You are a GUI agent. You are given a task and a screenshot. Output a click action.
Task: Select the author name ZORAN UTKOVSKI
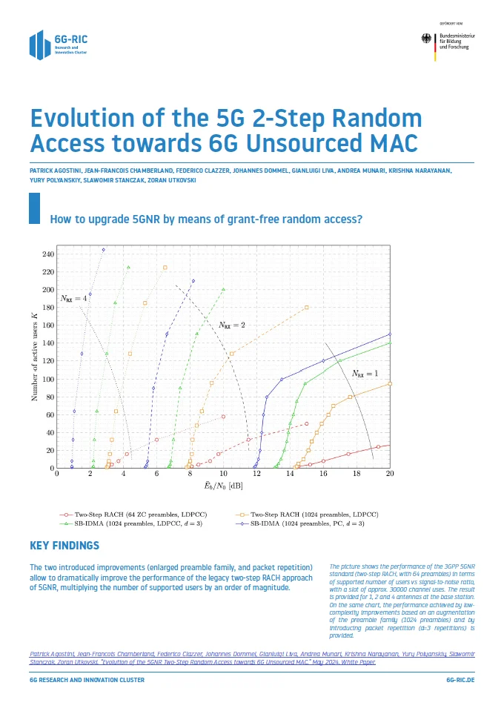pyautogui.click(x=173, y=180)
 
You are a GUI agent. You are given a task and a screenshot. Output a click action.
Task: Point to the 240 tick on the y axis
pyautogui.click(x=49, y=254)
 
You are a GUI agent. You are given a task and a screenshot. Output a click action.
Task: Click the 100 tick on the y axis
pyautogui.click(x=49, y=379)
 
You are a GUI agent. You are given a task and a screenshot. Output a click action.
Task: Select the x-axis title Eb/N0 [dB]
pyautogui.click(x=222, y=486)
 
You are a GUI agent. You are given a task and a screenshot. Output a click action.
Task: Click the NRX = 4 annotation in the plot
pyautogui.click(x=74, y=298)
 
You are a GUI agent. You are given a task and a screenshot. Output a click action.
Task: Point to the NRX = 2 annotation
pyautogui.click(x=232, y=325)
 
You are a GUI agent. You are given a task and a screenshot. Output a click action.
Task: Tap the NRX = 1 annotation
pyautogui.click(x=365, y=373)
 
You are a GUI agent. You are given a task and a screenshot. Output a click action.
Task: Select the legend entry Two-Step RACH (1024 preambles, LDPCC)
pyautogui.click(x=312, y=514)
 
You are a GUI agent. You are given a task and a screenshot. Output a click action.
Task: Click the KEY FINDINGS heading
pyautogui.click(x=64, y=546)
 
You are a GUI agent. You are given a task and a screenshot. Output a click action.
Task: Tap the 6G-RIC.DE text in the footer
pyautogui.click(x=460, y=680)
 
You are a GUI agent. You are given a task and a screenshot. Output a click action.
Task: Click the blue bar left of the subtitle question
pyautogui.click(x=33, y=208)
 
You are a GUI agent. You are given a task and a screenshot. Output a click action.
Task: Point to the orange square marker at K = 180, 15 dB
pyautogui.click(x=307, y=307)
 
